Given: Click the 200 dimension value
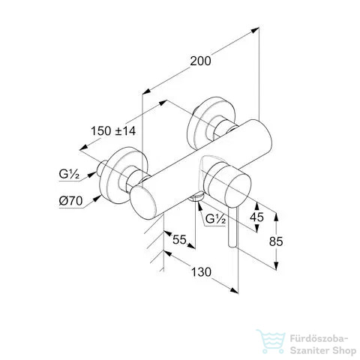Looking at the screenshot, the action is [200, 61].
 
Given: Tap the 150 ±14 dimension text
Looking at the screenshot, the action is [113, 130].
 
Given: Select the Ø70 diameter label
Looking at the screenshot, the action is [70, 200].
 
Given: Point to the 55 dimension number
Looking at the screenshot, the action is [179, 240].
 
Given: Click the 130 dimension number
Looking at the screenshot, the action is [201, 272].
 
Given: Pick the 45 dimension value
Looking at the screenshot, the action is [256, 217].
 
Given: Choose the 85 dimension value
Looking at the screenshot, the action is [276, 241].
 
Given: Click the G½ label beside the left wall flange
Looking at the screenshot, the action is [69, 174].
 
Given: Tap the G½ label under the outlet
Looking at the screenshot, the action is [216, 219].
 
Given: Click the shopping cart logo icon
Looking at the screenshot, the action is [271, 341].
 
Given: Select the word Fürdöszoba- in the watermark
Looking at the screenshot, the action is [319, 339].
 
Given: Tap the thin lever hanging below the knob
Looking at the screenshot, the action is [232, 227].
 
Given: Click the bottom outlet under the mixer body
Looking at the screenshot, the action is [196, 197].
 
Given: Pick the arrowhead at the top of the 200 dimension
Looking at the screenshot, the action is [255, 30].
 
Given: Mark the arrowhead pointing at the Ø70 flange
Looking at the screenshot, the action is [97, 199].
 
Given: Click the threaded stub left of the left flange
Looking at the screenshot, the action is [102, 168].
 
